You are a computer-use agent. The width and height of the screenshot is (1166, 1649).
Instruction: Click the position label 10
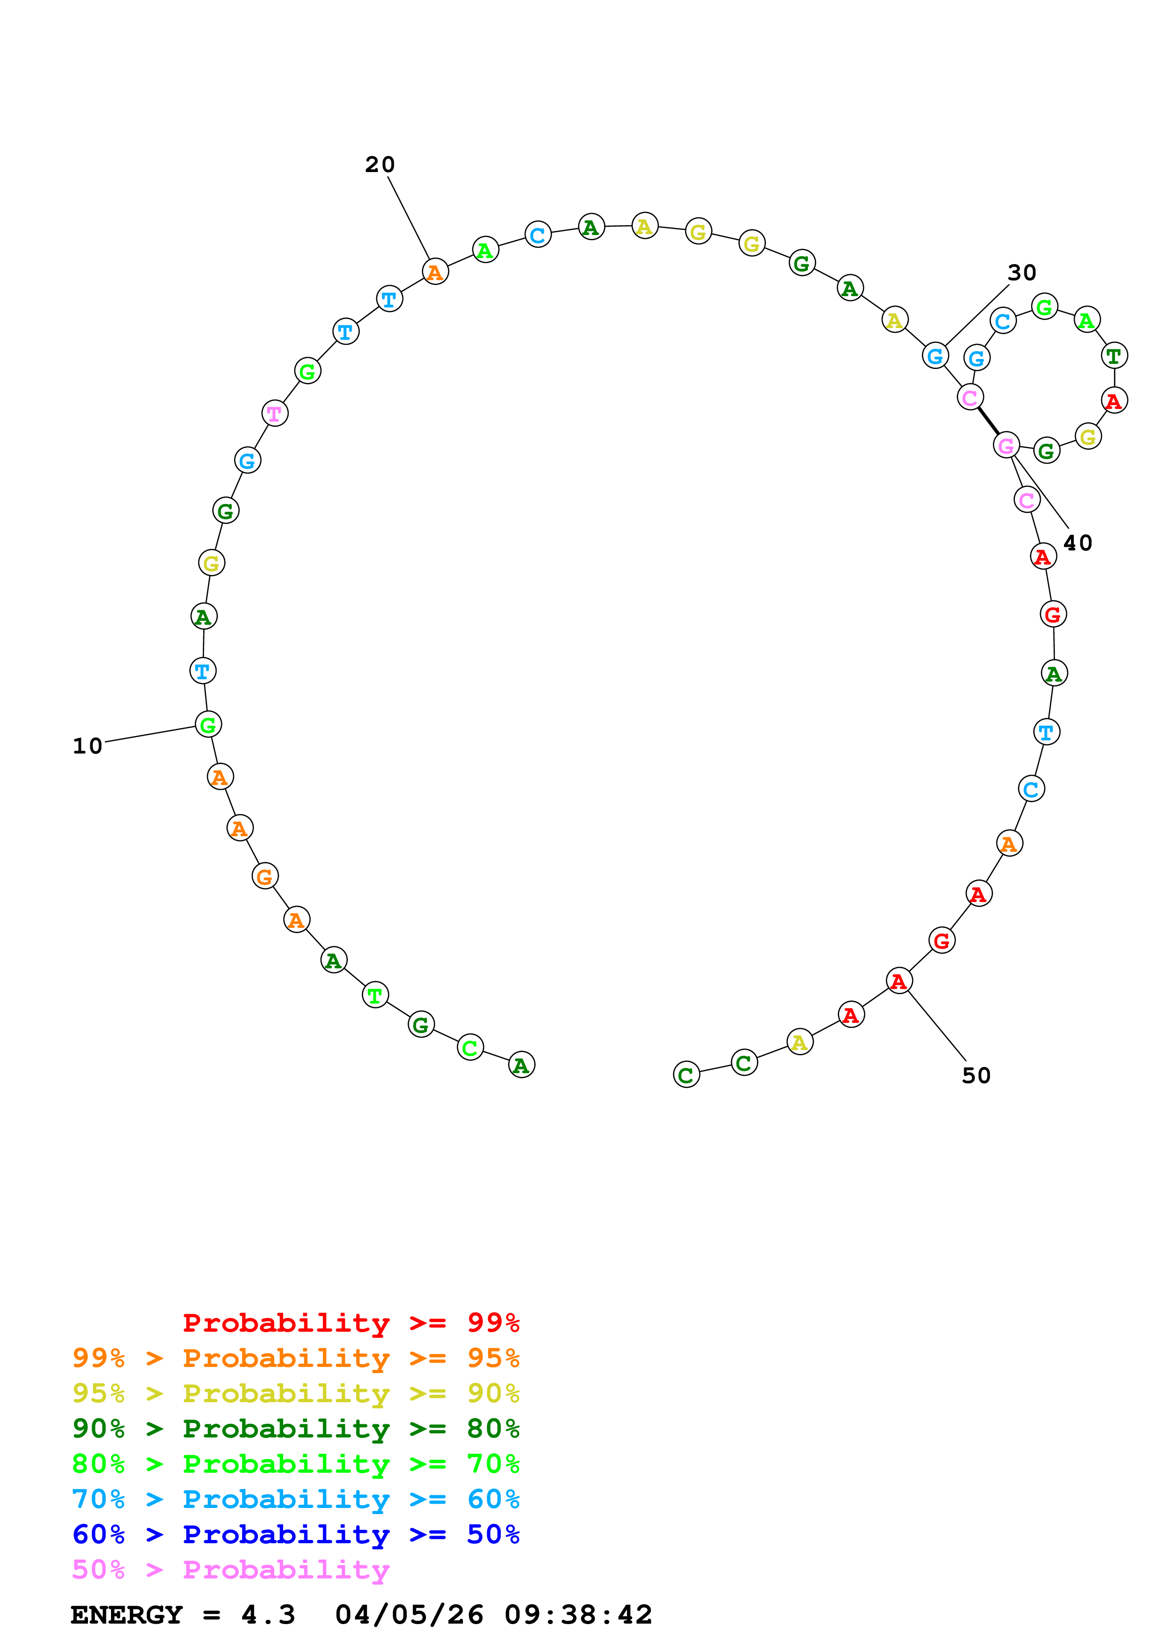tap(87, 746)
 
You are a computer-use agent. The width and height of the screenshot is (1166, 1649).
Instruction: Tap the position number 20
tap(380, 165)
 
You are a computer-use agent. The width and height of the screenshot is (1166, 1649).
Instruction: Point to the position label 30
tap(1022, 273)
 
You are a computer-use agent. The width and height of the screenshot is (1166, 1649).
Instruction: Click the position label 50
tap(976, 1076)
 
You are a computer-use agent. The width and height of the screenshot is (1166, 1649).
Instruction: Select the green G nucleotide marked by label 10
tap(208, 725)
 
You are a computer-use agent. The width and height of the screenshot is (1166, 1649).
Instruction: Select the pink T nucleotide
tap(274, 414)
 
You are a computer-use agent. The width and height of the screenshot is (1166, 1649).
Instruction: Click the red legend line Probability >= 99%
tap(350, 1323)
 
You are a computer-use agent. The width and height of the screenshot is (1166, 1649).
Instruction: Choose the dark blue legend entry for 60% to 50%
tap(296, 1534)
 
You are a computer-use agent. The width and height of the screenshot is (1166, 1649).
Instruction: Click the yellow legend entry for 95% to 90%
tap(296, 1393)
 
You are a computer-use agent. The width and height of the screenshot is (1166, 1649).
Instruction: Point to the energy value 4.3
tap(268, 1615)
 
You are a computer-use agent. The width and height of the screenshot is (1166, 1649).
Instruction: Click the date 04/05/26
tap(410, 1615)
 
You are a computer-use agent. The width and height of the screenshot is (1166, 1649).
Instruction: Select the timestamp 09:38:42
tap(579, 1615)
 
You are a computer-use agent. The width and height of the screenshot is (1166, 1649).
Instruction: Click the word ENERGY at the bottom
tap(127, 1615)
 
